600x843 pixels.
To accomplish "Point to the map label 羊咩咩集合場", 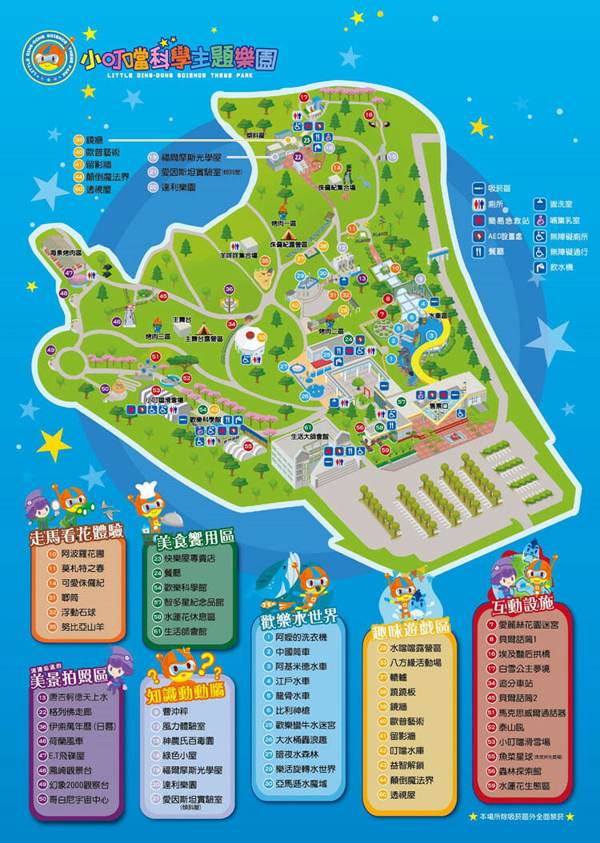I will pos(239,256).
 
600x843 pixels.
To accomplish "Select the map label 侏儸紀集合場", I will pos(337,187).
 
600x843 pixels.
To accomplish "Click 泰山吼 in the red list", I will pos(508,727).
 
